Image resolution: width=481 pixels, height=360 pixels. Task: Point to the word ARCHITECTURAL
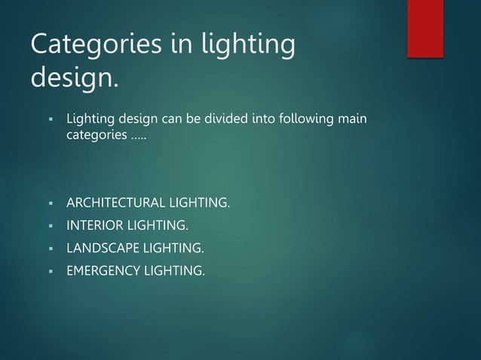click(x=115, y=203)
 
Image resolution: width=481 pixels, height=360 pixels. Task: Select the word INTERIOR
click(x=93, y=224)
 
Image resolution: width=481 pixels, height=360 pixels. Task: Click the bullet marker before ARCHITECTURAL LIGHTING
click(x=47, y=203)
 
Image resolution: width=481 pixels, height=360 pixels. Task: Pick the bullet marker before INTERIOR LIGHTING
click(x=47, y=224)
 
